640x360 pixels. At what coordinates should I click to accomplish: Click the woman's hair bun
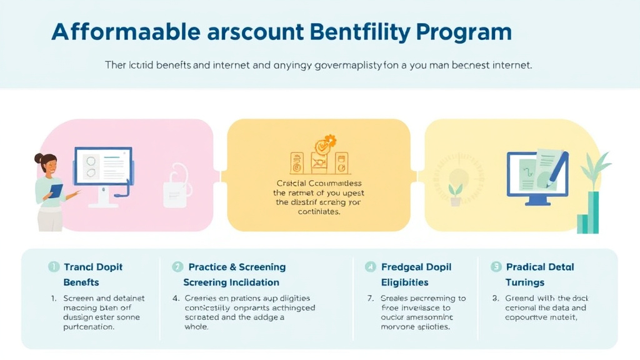click(39, 159)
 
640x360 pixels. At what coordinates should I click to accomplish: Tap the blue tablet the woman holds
click(57, 191)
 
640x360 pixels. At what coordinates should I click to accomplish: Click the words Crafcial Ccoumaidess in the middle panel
click(318, 183)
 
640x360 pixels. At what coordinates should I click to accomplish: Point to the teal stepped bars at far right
click(588, 216)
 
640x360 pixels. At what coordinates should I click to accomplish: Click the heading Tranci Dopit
click(93, 267)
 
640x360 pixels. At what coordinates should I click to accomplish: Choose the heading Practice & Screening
click(237, 267)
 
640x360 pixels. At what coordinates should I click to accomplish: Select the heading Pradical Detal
click(541, 267)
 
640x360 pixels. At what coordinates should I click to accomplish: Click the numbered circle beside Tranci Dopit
click(54, 267)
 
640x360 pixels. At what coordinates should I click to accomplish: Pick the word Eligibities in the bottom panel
click(404, 282)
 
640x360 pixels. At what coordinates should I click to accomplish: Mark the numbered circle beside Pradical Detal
click(496, 267)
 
